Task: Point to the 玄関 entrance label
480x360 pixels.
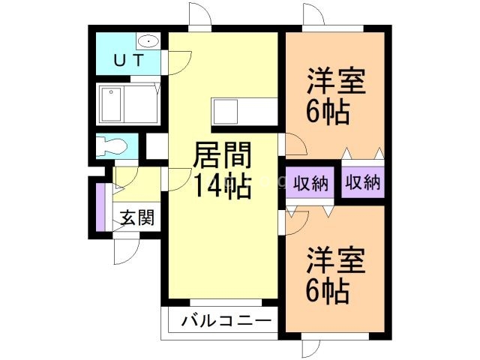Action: coord(138,218)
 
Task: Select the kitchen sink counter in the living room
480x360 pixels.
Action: coord(225,113)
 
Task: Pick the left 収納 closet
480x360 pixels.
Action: coord(310,182)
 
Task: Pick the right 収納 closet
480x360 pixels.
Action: coord(362,182)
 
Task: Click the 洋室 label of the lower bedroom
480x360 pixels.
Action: coord(335,262)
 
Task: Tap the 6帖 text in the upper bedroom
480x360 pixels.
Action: coord(327,112)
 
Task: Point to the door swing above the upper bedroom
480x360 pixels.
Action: coord(313,15)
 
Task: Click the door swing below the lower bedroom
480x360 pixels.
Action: coord(312,349)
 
